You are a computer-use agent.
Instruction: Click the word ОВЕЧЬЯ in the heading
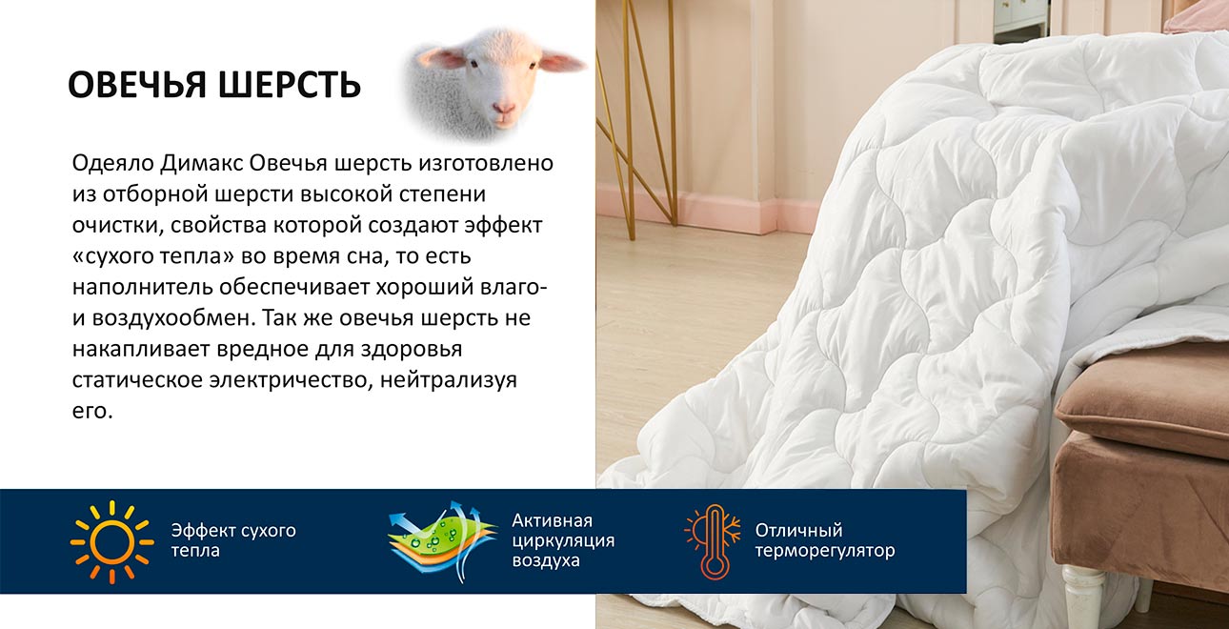(x=138, y=85)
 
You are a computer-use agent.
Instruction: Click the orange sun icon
(x=111, y=541)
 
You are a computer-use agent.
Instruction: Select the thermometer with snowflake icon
(x=713, y=541)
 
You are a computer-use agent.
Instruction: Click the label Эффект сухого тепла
(x=232, y=540)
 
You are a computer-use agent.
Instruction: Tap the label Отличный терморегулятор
(x=824, y=540)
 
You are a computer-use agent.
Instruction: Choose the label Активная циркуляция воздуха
(x=562, y=540)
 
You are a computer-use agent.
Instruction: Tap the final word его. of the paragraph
(x=91, y=411)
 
